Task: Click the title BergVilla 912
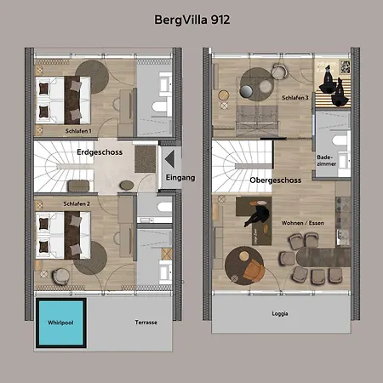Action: [x=192, y=20]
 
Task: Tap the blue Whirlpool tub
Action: [x=61, y=323]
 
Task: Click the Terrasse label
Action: [x=146, y=323]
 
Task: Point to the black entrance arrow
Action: [x=169, y=159]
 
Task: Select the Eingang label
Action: [x=180, y=178]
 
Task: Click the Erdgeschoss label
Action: [x=100, y=152]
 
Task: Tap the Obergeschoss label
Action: [x=276, y=180]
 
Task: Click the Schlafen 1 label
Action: [x=78, y=131]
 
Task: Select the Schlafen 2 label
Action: [x=77, y=204]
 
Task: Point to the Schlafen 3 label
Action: [x=295, y=98]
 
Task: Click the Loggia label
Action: [x=280, y=314]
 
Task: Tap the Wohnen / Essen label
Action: [x=303, y=223]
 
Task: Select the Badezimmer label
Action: [x=326, y=161]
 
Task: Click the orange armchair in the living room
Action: [x=254, y=271]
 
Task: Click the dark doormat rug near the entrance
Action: [x=146, y=159]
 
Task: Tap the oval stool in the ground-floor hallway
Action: [x=127, y=186]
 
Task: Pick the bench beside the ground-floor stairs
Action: [x=79, y=186]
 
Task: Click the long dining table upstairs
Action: [x=323, y=257]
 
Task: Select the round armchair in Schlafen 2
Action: [x=60, y=277]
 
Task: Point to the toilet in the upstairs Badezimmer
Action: [x=341, y=140]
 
